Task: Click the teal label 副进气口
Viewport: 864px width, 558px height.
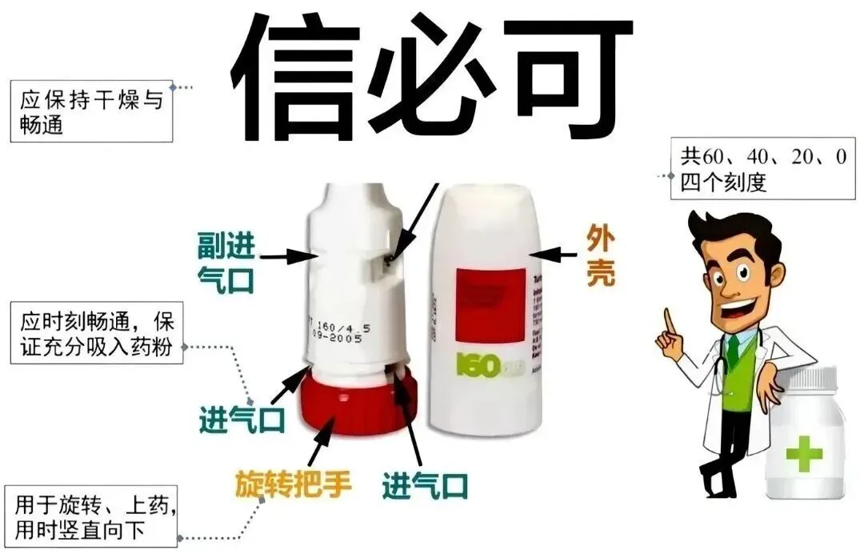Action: pyautogui.click(x=226, y=261)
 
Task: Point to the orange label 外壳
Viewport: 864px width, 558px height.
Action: pyautogui.click(x=602, y=256)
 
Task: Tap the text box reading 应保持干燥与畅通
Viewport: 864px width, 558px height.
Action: pyautogui.click(x=90, y=111)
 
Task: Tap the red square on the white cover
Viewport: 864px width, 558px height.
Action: pyautogui.click(x=490, y=304)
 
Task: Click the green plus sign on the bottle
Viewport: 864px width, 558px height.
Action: pyautogui.click(x=803, y=454)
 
